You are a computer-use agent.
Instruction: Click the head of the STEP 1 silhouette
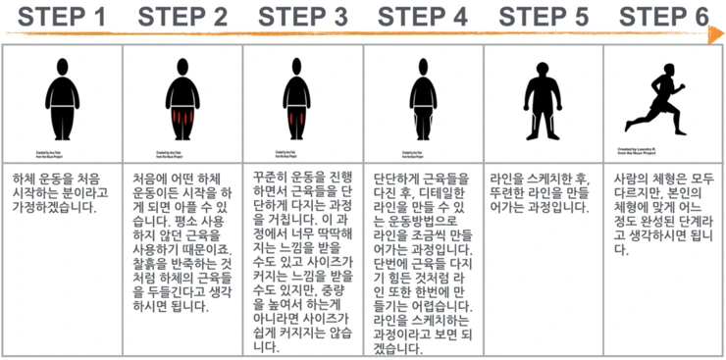[x=61, y=71]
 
